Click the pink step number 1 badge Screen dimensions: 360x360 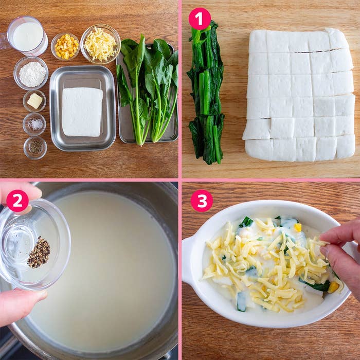tap(200, 19)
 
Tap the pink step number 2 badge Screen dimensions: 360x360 tap(17, 201)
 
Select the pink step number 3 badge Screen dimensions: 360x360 tap(202, 201)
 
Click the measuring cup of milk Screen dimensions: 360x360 tap(25, 36)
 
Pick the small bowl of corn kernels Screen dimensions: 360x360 tap(65, 46)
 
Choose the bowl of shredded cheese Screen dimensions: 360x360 tap(100, 44)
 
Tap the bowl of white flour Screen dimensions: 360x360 tap(31, 73)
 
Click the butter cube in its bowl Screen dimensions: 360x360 tap(34, 101)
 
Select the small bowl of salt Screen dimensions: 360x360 tap(34, 124)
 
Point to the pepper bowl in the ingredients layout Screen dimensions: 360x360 tap(35, 148)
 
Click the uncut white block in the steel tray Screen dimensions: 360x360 tap(82, 112)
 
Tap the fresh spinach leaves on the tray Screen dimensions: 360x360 tap(148, 89)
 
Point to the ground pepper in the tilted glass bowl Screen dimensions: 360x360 tap(39, 252)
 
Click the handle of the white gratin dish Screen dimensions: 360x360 tap(189, 261)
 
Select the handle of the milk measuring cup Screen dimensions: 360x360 tap(4, 41)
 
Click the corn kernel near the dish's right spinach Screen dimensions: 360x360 tap(333, 287)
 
